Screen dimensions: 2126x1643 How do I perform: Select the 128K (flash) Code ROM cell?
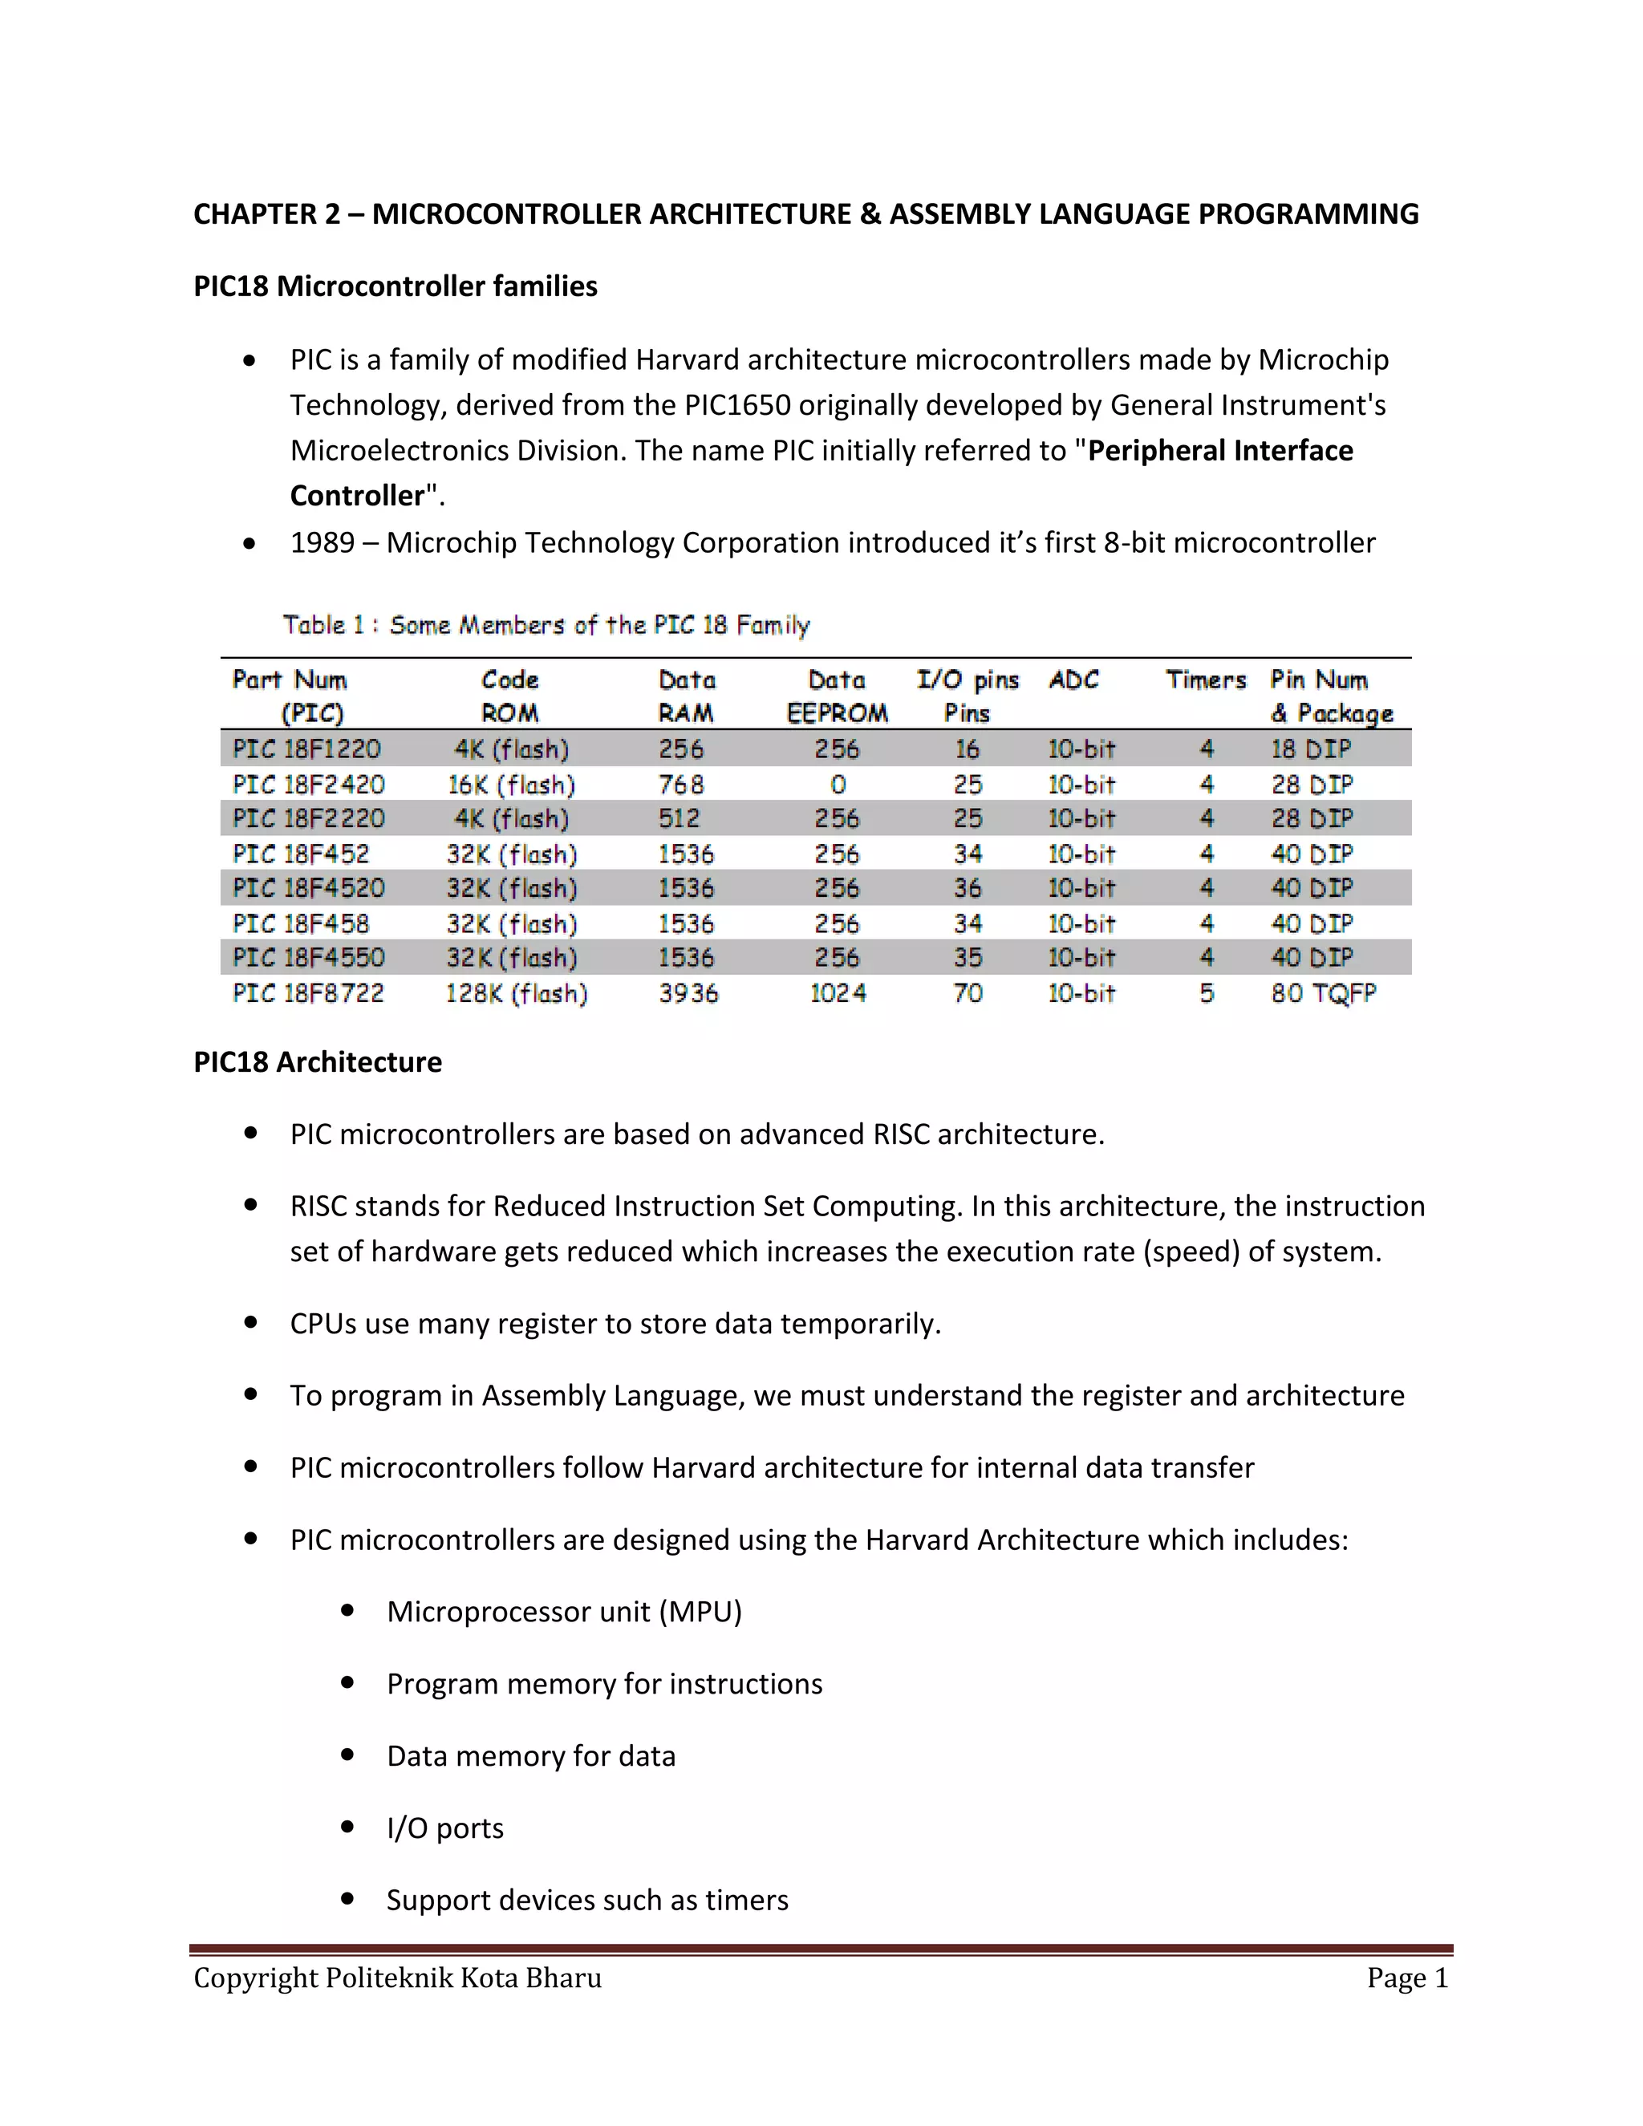coord(516,993)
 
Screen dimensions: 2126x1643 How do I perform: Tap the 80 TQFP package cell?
coord(1323,993)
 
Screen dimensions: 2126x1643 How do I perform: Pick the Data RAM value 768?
coord(680,785)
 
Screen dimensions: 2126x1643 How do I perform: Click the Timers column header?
coord(1205,680)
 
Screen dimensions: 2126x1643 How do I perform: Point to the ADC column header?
coord(1073,680)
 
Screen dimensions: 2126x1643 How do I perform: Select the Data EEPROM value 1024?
coord(837,993)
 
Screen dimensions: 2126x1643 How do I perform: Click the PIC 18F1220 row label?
coord(306,749)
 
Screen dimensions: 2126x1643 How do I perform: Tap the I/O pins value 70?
coord(968,993)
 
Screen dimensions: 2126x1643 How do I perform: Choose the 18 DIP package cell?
coord(1310,749)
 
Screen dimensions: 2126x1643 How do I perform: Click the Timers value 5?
coord(1206,993)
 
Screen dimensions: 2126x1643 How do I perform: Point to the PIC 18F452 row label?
coord(301,854)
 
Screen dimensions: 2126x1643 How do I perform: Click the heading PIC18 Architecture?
coord(318,1061)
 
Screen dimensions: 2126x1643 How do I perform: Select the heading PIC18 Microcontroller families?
coord(396,286)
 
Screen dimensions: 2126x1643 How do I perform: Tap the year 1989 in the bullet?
coord(323,542)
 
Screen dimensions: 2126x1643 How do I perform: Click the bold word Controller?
coord(357,496)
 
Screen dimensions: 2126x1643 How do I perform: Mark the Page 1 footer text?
coord(1406,1978)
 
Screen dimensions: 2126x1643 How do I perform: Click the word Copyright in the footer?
coord(255,1978)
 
